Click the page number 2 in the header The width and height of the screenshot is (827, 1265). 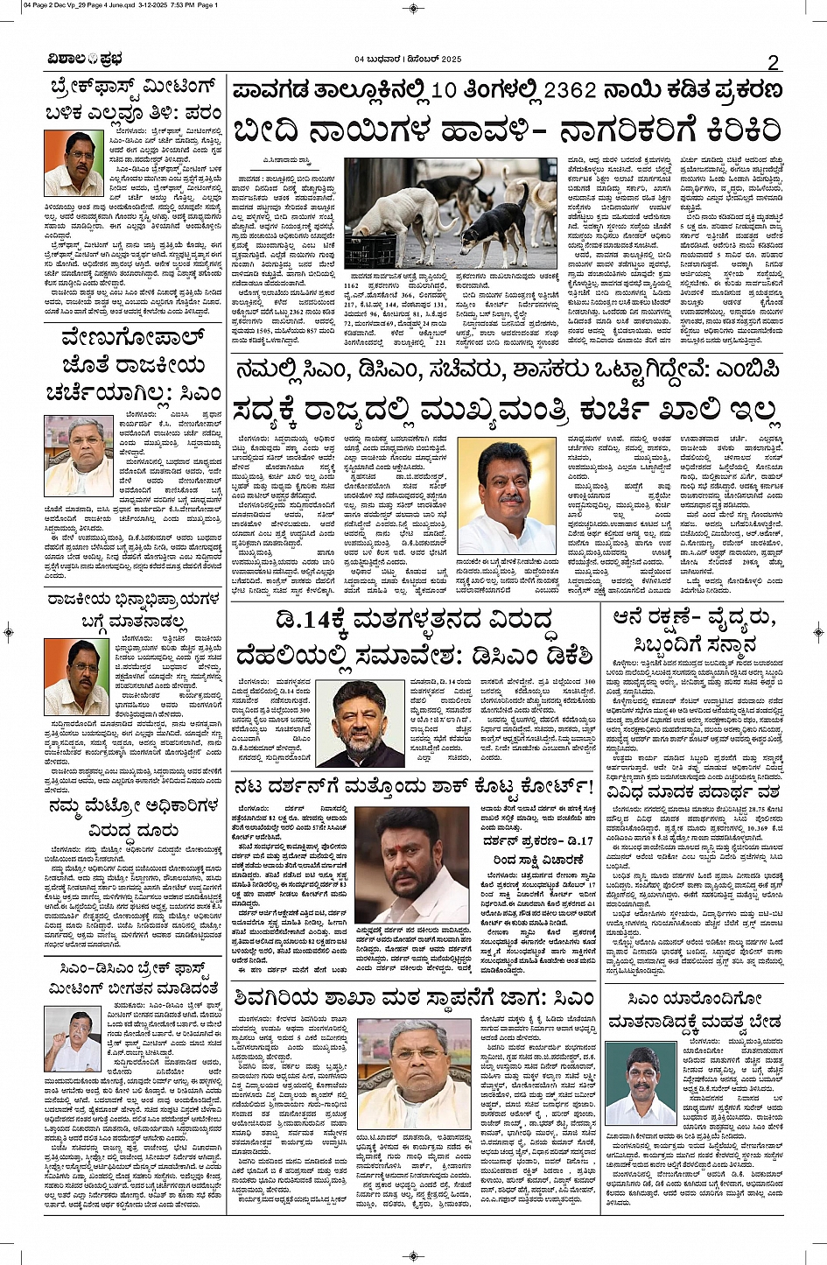point(773,61)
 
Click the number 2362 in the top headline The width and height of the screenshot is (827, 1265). point(570,90)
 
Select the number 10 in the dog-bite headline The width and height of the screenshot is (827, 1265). point(444,90)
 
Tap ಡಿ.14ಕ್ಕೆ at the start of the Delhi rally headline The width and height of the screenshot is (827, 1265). point(315,621)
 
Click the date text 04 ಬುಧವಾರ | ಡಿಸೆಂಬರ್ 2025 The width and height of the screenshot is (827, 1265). point(408,60)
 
